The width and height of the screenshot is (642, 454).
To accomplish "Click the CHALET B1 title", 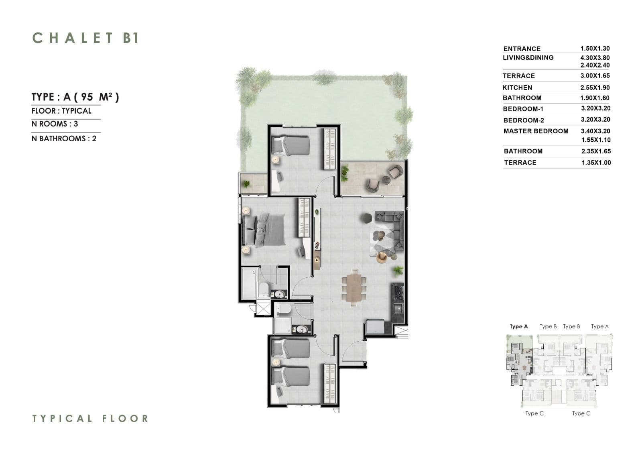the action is pyautogui.click(x=86, y=38).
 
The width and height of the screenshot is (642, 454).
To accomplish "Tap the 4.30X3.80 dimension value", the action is pyautogui.click(x=595, y=58).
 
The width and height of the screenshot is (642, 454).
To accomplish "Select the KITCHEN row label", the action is pyautogui.click(x=517, y=88).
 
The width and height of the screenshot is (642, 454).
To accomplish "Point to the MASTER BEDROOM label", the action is pyautogui.click(x=536, y=131).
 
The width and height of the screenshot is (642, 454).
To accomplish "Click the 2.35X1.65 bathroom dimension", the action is pyautogui.click(x=596, y=151).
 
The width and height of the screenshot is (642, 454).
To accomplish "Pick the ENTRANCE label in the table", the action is pyautogui.click(x=522, y=49).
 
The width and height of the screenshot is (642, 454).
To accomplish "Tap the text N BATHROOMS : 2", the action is pyautogui.click(x=64, y=139).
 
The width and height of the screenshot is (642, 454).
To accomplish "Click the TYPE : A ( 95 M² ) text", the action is pyautogui.click(x=75, y=97).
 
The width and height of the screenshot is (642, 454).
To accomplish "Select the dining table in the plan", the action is pyautogui.click(x=354, y=288).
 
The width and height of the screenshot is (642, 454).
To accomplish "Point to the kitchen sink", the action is pyautogui.click(x=398, y=308).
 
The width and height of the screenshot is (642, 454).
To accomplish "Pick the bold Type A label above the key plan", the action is pyautogui.click(x=519, y=326).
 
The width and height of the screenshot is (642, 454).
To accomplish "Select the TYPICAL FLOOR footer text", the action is pyautogui.click(x=90, y=418).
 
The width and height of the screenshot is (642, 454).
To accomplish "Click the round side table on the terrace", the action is pyautogui.click(x=386, y=180).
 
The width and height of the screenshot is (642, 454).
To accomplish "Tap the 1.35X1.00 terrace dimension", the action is pyautogui.click(x=596, y=163).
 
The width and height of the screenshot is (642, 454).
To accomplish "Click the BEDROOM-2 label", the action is pyautogui.click(x=524, y=120).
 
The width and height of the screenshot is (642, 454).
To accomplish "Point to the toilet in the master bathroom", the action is pyautogui.click(x=264, y=290).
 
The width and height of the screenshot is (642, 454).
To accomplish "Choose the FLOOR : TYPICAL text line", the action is pyautogui.click(x=61, y=111).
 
